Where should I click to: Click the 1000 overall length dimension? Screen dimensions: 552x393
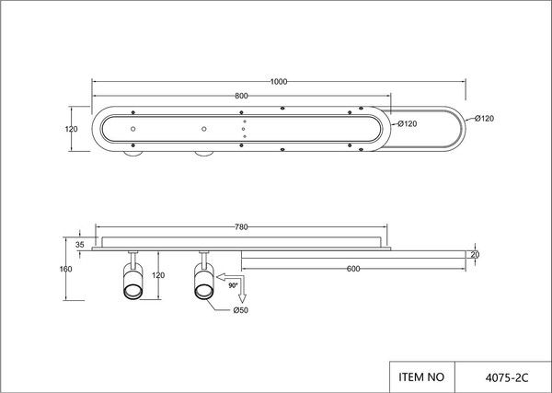(279, 82)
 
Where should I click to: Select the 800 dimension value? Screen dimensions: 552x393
(241, 96)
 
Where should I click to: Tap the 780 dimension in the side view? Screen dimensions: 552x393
(241, 227)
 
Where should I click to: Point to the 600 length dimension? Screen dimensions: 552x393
(353, 269)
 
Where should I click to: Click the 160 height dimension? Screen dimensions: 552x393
(66, 269)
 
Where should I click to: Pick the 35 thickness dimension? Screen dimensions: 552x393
(80, 245)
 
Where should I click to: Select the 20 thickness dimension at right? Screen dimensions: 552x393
(475, 255)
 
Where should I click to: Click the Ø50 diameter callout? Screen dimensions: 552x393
(241, 310)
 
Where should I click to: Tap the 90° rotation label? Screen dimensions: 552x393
(233, 285)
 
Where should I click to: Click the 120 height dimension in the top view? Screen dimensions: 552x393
(71, 129)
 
